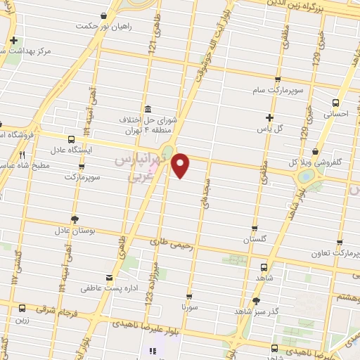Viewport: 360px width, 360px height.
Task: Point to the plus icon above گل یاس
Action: [270, 117]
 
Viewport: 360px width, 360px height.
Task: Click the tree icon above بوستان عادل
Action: [75, 219]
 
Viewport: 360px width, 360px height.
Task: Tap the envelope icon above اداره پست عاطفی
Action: [108, 277]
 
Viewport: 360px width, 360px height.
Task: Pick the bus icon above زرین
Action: [22, 308]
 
